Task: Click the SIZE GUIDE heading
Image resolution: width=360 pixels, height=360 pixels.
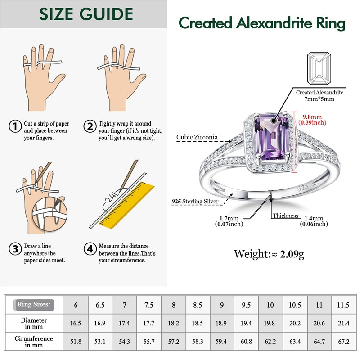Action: (86, 14)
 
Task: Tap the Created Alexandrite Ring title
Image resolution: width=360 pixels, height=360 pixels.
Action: (262, 22)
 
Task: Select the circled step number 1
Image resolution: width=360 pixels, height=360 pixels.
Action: (16, 126)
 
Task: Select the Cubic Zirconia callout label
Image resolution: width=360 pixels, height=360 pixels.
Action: (197, 137)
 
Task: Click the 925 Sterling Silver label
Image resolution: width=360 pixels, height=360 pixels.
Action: (195, 202)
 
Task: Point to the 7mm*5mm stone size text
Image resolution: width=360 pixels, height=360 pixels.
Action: (319, 99)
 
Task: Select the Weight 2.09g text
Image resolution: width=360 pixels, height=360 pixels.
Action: (269, 254)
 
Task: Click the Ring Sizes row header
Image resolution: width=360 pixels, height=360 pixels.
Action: (34, 305)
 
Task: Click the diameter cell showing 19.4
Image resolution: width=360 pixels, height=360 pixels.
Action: (246, 323)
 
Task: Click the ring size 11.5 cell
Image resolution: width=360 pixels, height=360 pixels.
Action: (343, 305)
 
